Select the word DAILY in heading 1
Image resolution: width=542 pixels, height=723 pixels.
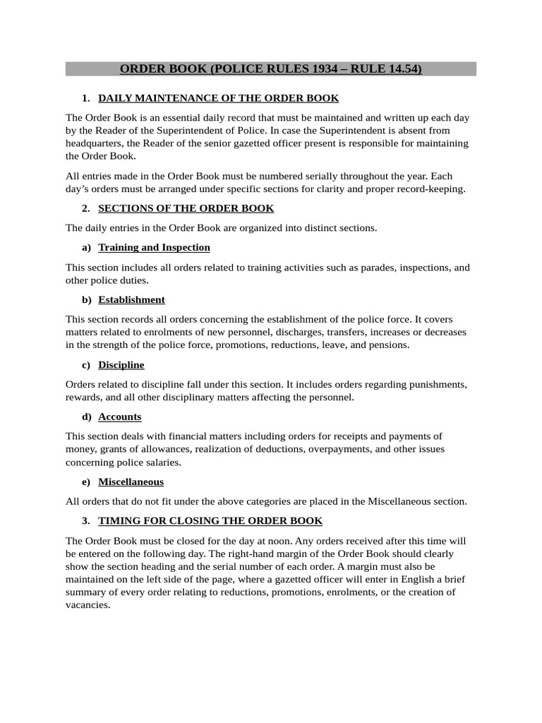(x=114, y=98)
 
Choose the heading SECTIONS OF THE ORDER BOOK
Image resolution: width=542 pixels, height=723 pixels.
(x=186, y=208)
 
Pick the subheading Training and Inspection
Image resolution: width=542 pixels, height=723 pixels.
(x=154, y=247)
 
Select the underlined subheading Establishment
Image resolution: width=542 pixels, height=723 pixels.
(x=131, y=299)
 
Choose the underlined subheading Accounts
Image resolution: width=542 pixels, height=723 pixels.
(x=119, y=417)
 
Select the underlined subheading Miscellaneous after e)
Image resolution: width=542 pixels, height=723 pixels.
(x=131, y=482)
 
